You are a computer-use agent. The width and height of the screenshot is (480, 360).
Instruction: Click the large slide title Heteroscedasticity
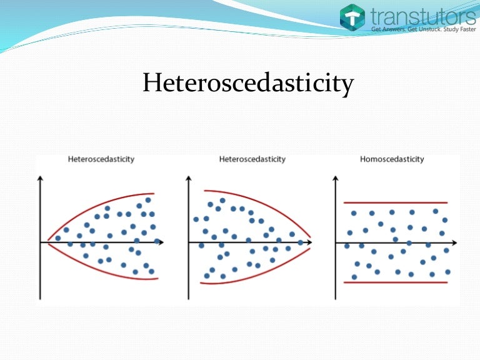(248, 83)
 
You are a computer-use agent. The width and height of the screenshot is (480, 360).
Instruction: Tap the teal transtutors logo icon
(352, 17)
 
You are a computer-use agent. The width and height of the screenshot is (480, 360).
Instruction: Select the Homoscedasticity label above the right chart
(392, 159)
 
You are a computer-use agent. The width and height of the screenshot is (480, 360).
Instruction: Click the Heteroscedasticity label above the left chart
(101, 159)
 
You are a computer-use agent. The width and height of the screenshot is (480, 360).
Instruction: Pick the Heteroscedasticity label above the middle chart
(252, 159)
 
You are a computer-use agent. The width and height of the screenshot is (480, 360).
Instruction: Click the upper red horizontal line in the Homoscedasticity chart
(395, 202)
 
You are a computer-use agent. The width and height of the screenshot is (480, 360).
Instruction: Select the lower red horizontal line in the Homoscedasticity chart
(395, 282)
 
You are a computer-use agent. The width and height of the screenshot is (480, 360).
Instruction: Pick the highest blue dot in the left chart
(148, 200)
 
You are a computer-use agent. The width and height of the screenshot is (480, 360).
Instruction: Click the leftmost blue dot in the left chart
(58, 238)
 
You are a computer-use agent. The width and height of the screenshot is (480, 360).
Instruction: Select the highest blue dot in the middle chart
(222, 201)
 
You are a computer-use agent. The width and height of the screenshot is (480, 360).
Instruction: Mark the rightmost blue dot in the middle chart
(301, 242)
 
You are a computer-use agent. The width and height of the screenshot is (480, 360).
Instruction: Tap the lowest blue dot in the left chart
(151, 272)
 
